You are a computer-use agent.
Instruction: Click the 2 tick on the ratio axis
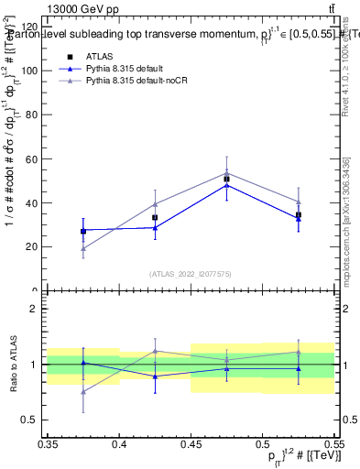point(40,309)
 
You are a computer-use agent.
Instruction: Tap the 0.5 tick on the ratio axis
point(37,420)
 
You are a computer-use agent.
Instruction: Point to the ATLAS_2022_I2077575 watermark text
point(191,273)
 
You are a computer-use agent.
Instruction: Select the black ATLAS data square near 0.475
point(226,179)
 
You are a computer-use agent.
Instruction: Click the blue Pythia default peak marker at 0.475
point(226,185)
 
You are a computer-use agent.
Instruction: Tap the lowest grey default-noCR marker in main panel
point(83,248)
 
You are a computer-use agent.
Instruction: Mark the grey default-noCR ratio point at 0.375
point(83,392)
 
